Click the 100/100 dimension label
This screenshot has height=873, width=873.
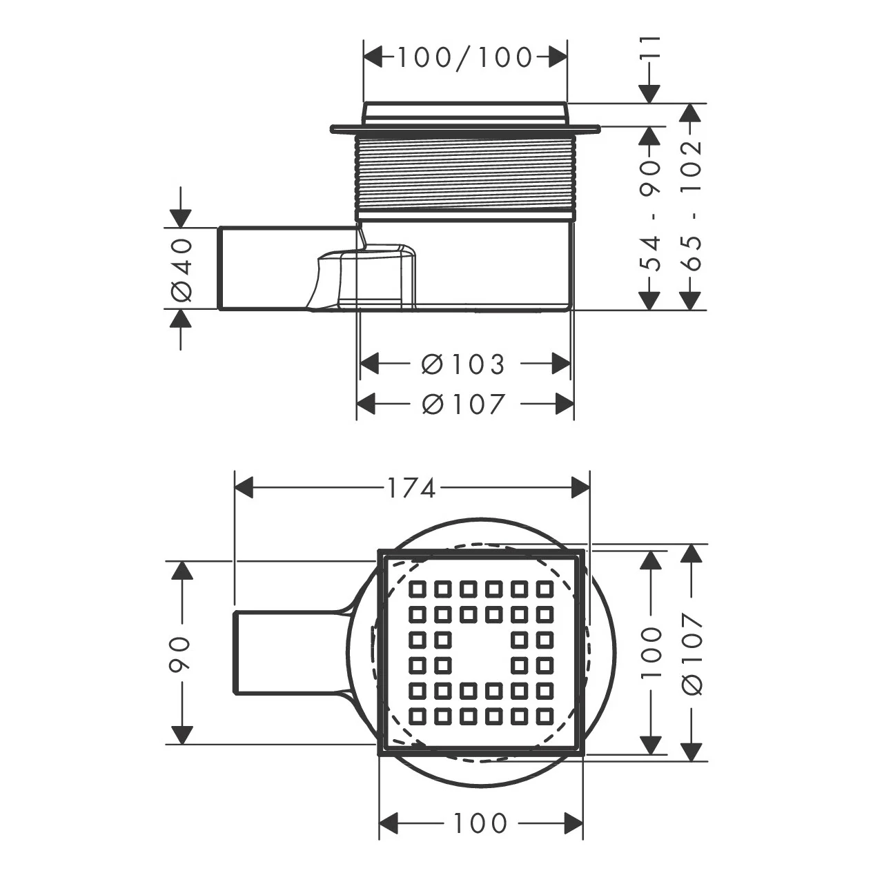coord(465,57)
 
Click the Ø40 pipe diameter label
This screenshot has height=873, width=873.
coord(182,270)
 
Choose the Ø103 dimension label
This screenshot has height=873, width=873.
coord(463,364)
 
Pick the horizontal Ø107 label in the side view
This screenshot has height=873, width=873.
coord(463,403)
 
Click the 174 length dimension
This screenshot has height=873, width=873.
coord(411,489)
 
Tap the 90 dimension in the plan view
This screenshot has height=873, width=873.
coord(182,653)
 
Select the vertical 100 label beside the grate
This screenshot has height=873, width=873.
coord(651,653)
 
